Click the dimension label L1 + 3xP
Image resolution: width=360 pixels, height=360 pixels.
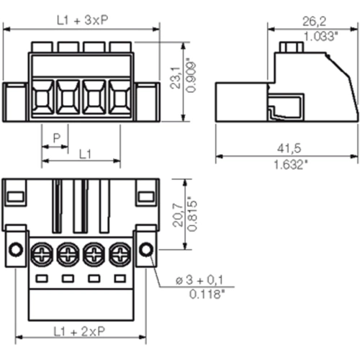(83, 20)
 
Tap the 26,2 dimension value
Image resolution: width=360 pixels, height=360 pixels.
(314, 22)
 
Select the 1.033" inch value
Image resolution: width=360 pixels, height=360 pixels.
(320, 37)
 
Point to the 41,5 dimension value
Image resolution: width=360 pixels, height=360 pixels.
(289, 148)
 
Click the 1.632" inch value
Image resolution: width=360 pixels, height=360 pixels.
(291, 165)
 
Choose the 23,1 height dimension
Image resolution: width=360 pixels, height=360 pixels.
(175, 78)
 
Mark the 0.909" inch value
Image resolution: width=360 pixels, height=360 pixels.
(191, 75)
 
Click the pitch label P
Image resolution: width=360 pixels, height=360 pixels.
(57, 138)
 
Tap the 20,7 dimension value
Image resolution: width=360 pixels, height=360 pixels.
(178, 215)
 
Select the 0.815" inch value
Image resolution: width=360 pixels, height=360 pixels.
(192, 214)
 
